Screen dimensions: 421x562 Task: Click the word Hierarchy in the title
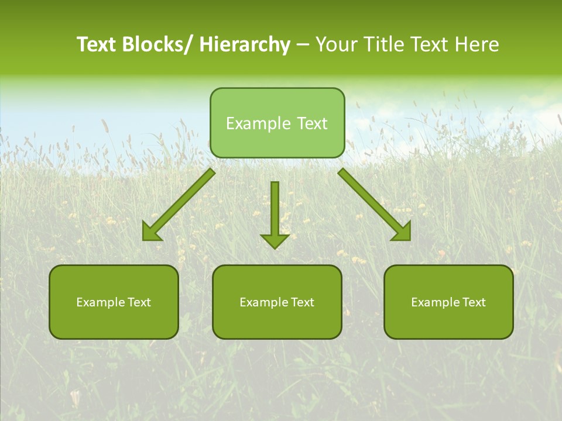(245, 44)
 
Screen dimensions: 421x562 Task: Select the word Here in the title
(478, 44)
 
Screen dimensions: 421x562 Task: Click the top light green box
(277, 123)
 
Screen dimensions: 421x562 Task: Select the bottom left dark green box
(114, 302)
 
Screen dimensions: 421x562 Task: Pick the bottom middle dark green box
(277, 302)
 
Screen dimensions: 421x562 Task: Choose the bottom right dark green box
(448, 302)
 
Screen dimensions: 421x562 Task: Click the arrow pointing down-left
(179, 205)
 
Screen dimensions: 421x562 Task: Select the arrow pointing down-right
(374, 205)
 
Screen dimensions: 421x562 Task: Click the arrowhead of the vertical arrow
(275, 240)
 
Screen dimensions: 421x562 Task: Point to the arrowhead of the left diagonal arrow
(151, 232)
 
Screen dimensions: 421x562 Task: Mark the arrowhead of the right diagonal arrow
(402, 232)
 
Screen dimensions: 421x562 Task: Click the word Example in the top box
(258, 123)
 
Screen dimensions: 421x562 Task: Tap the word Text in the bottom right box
(474, 302)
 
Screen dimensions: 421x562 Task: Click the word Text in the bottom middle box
(302, 302)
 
